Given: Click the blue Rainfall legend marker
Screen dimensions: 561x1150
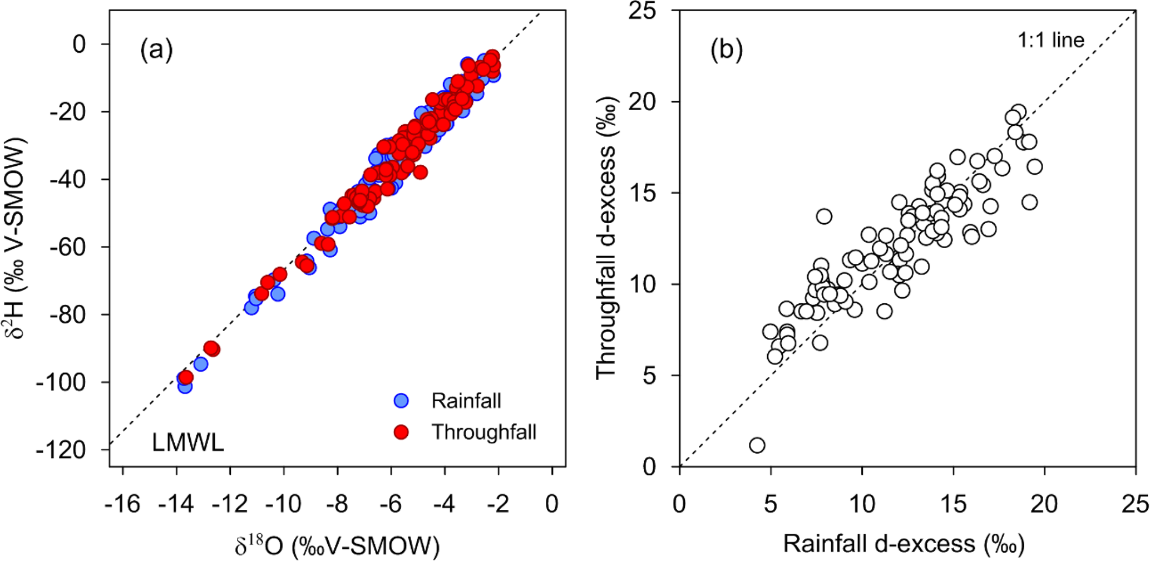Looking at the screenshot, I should (x=401, y=401).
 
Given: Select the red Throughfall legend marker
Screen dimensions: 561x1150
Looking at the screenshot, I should (x=401, y=432).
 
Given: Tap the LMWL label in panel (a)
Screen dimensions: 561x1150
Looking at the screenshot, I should (x=188, y=444).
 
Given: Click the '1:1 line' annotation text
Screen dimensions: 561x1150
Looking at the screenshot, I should (x=1051, y=40).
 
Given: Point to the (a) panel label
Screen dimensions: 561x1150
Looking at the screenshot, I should (x=156, y=51).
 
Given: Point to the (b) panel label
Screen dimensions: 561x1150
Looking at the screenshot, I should (x=727, y=51).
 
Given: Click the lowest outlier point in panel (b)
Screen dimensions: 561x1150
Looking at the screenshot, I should (x=757, y=445).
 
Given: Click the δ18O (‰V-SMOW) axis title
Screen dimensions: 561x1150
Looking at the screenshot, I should (x=337, y=545).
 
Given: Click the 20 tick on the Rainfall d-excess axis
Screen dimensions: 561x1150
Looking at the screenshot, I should (x=1044, y=504).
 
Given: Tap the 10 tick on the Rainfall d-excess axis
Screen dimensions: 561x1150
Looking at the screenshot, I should (x=862, y=504).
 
